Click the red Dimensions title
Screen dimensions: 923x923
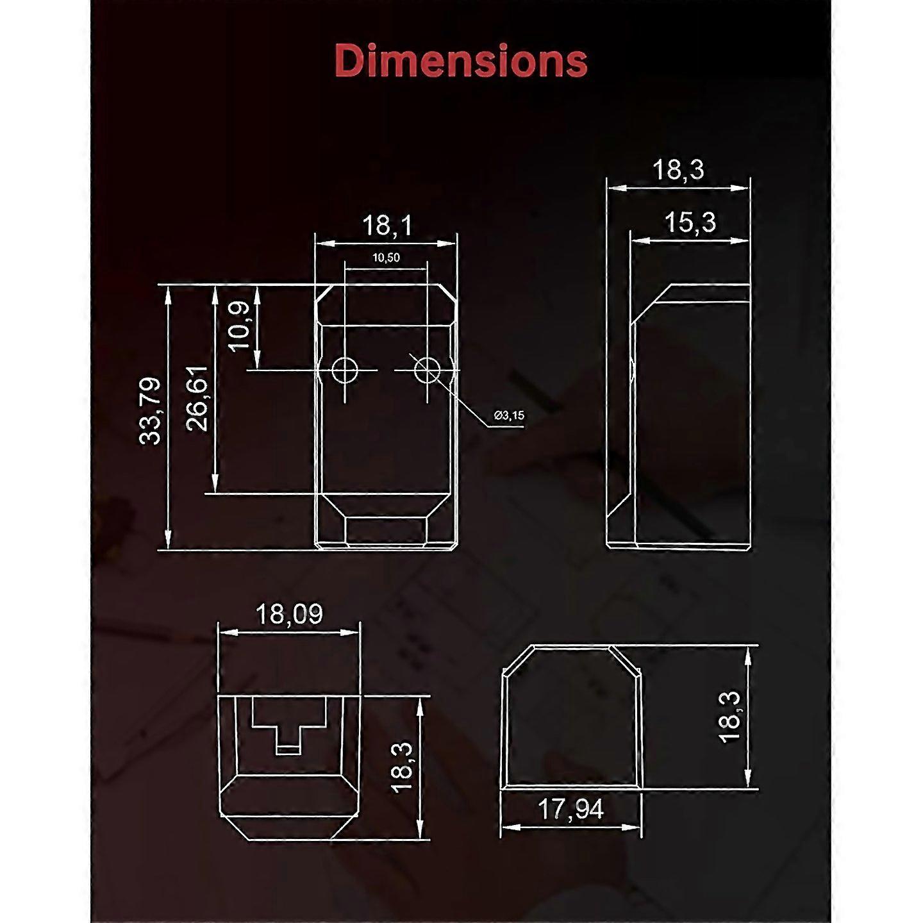pyautogui.click(x=461, y=61)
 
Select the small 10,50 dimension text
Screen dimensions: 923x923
pyautogui.click(x=386, y=258)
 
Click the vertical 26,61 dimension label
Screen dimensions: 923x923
pyautogui.click(x=197, y=398)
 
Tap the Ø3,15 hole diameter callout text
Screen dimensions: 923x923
pyautogui.click(x=509, y=415)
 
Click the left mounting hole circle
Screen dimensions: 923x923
pyautogui.click(x=344, y=370)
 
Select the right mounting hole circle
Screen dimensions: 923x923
pyautogui.click(x=428, y=370)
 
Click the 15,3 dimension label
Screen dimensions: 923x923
pyautogui.click(x=691, y=222)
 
